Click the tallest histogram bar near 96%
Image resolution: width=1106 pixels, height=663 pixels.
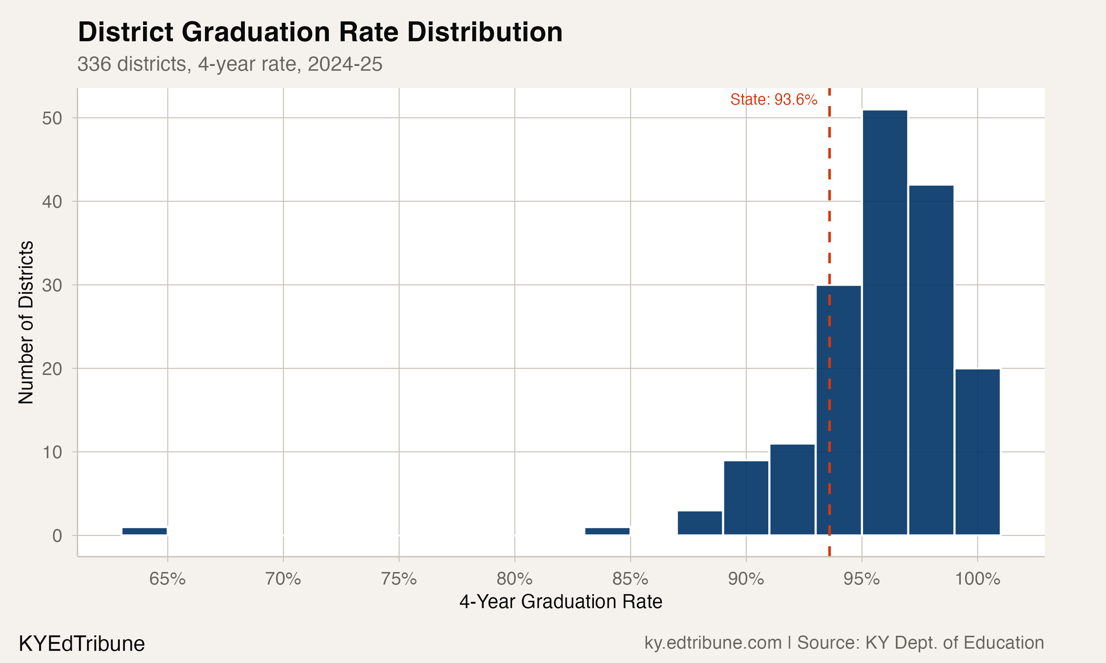(x=885, y=322)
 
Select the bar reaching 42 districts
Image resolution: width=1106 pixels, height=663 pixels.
(x=931, y=359)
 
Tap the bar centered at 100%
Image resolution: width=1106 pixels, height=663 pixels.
(x=978, y=451)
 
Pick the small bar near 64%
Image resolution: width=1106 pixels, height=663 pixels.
(x=145, y=531)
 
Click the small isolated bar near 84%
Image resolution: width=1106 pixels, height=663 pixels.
(x=607, y=531)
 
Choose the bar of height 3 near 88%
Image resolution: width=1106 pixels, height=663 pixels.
(x=700, y=523)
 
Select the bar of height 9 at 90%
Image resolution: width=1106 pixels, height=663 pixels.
(x=746, y=498)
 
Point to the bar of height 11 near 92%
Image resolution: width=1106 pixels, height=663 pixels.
(x=792, y=489)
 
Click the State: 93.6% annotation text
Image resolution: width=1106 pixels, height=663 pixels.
(x=773, y=99)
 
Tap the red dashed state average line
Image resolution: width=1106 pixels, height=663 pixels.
(x=829, y=223)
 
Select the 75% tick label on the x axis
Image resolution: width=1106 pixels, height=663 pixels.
(x=399, y=579)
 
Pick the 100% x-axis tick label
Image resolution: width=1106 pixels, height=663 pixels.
(x=977, y=579)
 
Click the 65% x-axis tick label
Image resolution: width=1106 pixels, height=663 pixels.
(x=167, y=579)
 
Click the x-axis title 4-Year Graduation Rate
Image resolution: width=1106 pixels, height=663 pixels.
(x=561, y=602)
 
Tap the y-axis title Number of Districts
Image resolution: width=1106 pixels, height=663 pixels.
(x=26, y=322)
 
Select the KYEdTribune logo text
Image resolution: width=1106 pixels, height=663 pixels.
(x=82, y=644)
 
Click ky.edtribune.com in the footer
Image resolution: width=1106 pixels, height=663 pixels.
(x=713, y=643)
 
